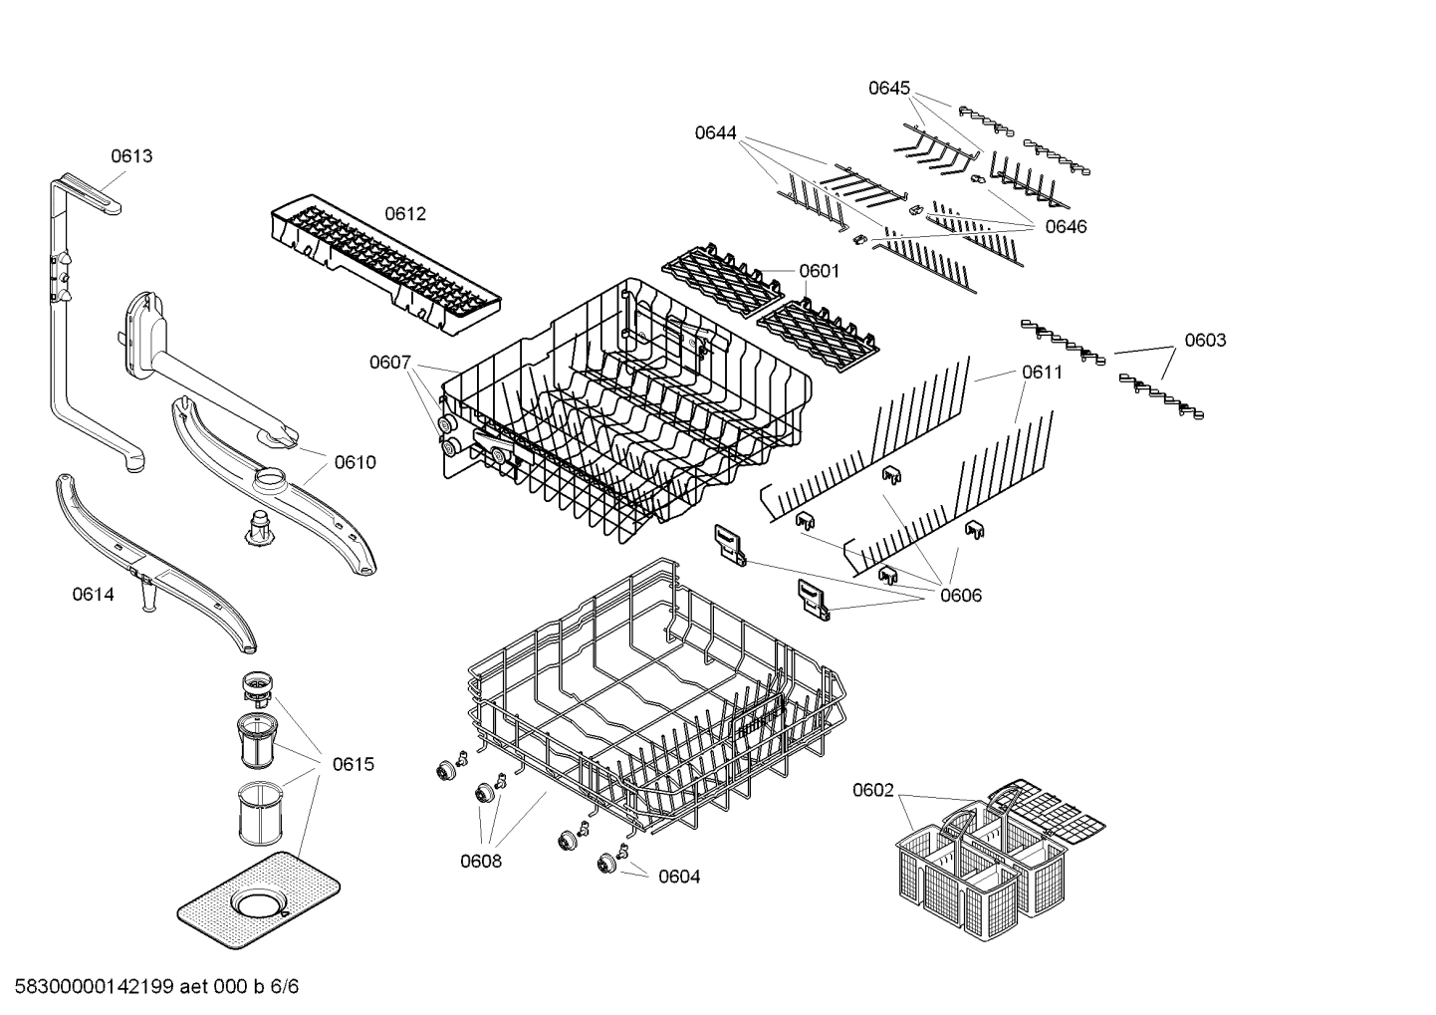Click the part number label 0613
tap(131, 155)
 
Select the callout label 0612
tap(405, 214)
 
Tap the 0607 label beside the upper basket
tap(390, 363)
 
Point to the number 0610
tap(355, 462)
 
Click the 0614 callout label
tap(93, 595)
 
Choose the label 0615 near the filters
tap(354, 764)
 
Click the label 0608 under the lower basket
tap(481, 861)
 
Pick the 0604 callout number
tap(679, 877)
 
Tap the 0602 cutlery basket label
tap(873, 791)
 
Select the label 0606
tap(961, 596)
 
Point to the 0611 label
tap(1042, 373)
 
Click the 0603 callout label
tap(1205, 341)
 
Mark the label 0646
tap(1066, 227)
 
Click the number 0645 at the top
tap(889, 88)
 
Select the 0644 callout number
tap(716, 132)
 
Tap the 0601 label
tap(819, 271)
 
